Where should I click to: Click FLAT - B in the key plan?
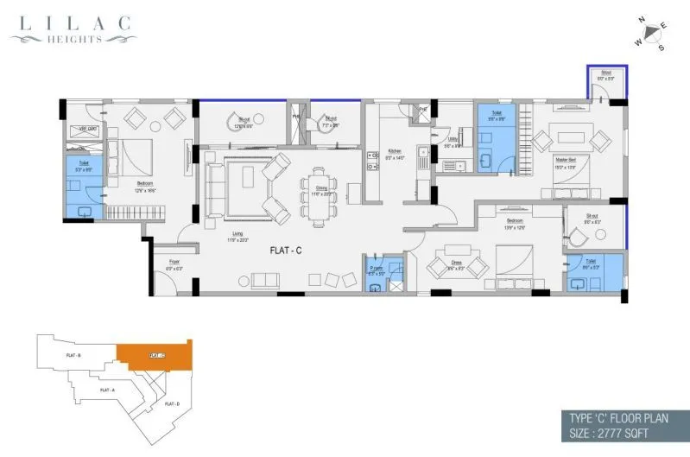73,356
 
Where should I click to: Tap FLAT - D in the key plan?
172,404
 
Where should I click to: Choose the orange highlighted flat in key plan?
155,353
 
